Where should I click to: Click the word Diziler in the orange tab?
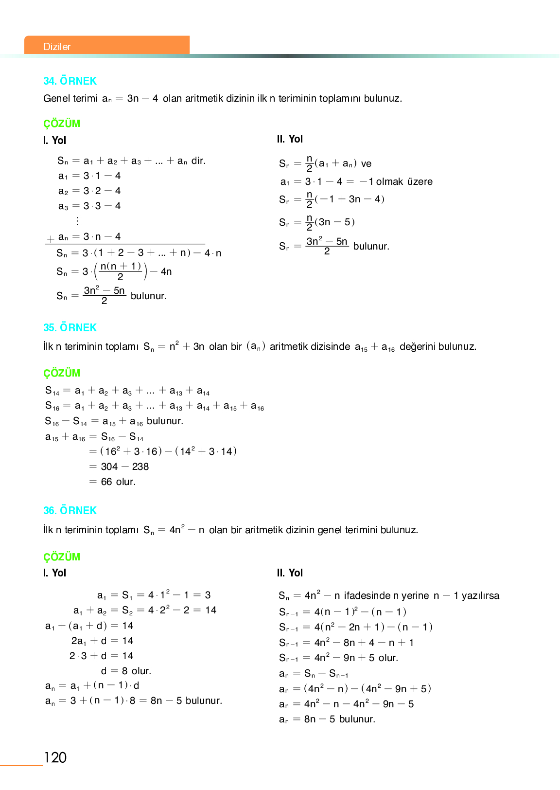point(57,47)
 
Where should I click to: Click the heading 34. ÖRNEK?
point(70,81)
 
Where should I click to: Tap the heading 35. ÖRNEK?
point(70,328)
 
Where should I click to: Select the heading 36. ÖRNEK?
point(70,511)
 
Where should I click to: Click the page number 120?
point(55,757)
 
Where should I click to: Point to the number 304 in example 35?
point(109,467)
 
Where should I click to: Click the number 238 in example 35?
point(140,467)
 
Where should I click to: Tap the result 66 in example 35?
point(106,482)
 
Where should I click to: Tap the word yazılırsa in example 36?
point(480,596)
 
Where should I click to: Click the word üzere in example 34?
point(420,182)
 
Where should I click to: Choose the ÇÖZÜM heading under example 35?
point(62,374)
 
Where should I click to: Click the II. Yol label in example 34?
point(290,139)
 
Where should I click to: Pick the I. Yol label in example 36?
point(54,573)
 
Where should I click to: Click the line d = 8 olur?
point(126,671)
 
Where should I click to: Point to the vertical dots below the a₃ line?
point(77,221)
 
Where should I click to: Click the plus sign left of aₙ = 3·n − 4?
point(51,239)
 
